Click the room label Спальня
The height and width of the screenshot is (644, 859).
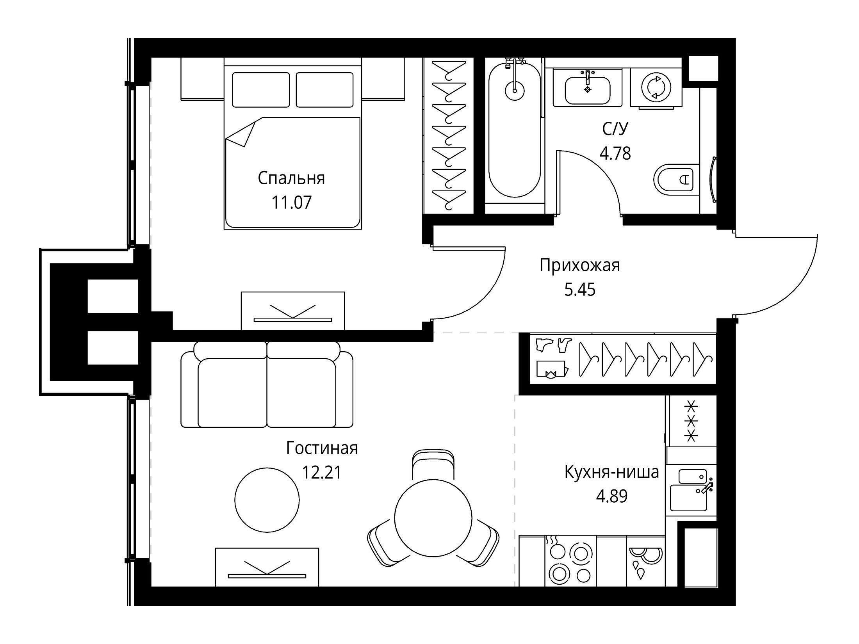click(x=291, y=178)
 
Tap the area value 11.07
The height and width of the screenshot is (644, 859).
click(x=292, y=203)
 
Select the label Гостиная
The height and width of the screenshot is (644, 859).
click(x=322, y=448)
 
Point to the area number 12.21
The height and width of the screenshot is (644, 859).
click(x=322, y=473)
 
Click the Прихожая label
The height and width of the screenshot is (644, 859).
click(x=580, y=266)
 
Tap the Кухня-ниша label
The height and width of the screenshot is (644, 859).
click(x=612, y=472)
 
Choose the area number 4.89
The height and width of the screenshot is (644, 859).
click(x=612, y=496)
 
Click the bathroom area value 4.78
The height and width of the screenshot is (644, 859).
click(x=615, y=153)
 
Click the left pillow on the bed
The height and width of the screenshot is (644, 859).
click(x=261, y=90)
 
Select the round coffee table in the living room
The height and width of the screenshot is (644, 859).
click(x=267, y=500)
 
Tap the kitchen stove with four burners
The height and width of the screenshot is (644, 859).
click(x=570, y=562)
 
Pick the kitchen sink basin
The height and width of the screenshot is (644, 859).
click(x=689, y=498)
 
